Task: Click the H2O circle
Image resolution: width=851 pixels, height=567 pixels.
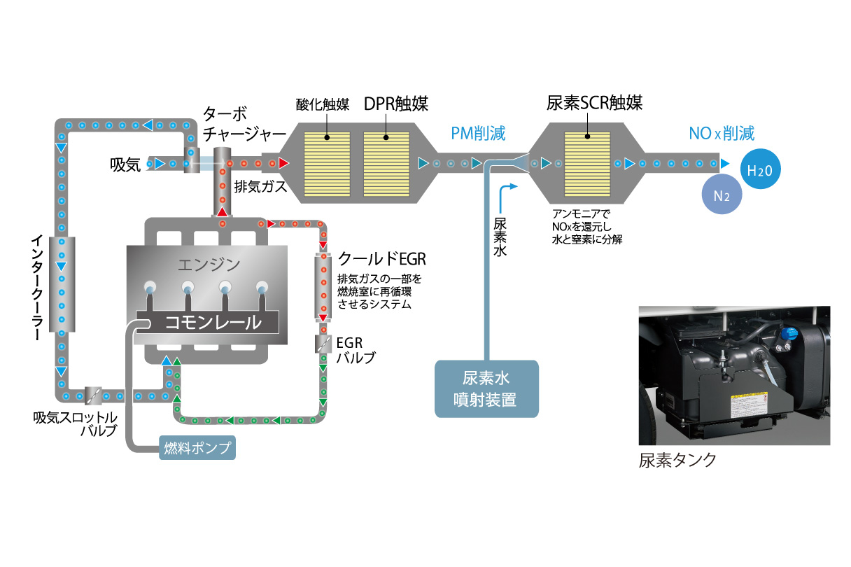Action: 761,169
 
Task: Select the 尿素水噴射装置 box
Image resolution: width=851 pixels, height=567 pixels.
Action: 487,389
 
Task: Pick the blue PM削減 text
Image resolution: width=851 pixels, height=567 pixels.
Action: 478,133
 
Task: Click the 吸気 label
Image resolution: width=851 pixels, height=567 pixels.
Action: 126,164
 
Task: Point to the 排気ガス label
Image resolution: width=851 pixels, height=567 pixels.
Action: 258,186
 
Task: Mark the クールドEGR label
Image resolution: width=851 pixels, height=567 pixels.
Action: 381,259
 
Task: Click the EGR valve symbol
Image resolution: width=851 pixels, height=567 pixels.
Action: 323,344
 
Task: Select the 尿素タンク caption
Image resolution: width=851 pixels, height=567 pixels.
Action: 677,460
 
